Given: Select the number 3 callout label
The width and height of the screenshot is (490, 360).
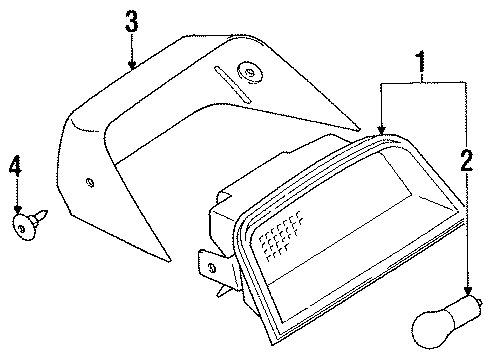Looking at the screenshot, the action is tap(130, 20).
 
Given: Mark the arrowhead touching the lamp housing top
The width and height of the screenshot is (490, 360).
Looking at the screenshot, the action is tap(381, 130).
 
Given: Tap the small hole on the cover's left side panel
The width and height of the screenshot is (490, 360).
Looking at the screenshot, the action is tap(91, 181).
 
